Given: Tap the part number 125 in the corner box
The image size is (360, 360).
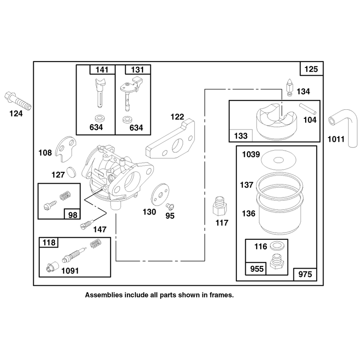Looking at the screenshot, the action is click(x=311, y=69).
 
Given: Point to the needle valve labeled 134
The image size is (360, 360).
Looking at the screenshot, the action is click(x=289, y=87).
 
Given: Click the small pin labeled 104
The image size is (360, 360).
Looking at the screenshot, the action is click(x=308, y=109).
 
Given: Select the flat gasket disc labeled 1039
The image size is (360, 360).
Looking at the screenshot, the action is click(x=279, y=160).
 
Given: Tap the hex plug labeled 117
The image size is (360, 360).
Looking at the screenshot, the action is click(x=220, y=206).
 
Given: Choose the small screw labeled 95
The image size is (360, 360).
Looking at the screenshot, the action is click(x=170, y=206).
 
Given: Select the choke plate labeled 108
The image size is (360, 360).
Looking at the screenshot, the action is click(x=66, y=149).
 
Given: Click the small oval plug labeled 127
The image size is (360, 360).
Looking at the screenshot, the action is click(x=71, y=172).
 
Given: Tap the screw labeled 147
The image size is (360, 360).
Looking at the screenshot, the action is click(x=87, y=224).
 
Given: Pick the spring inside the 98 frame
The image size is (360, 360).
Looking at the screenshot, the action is click(x=65, y=195).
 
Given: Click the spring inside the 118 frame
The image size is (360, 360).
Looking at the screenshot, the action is click(x=95, y=243).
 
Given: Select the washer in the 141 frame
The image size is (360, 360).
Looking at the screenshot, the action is click(x=99, y=118).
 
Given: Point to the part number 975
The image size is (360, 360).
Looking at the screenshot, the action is click(x=305, y=274).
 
